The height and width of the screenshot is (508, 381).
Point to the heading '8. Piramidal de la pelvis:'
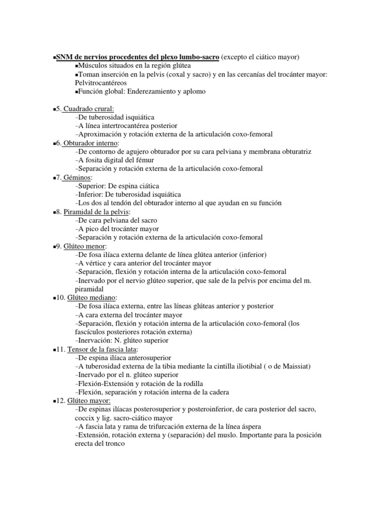(x=93, y=212)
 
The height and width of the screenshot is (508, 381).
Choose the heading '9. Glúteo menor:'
(x=81, y=246)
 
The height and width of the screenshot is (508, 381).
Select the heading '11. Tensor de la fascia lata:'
(x=97, y=349)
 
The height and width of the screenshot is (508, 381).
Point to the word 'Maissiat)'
(x=296, y=367)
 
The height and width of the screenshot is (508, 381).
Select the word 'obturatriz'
(x=295, y=152)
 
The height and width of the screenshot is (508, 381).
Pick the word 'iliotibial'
(x=246, y=367)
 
